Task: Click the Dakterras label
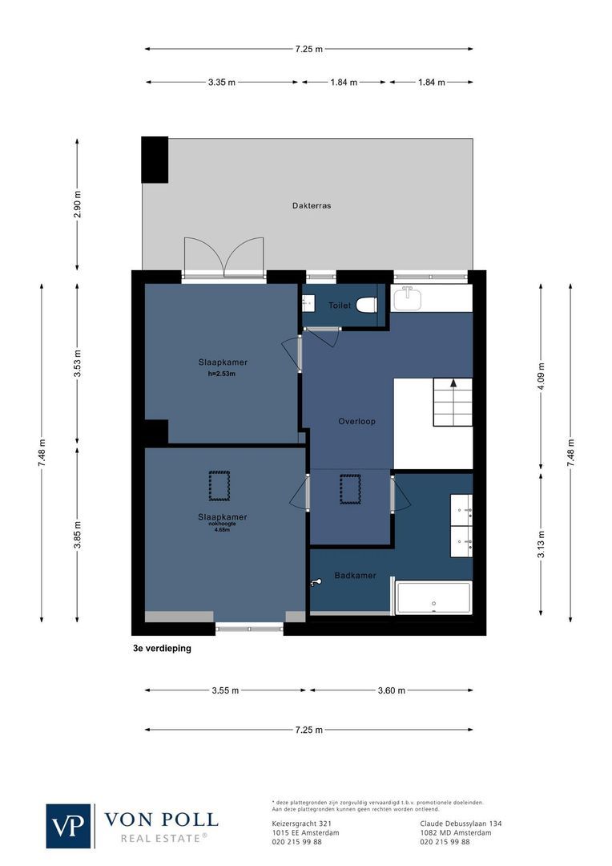pyautogui.click(x=312, y=205)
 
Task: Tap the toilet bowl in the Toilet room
pyautogui.click(x=367, y=306)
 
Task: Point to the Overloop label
pyautogui.click(x=356, y=421)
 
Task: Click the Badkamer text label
pyautogui.click(x=352, y=575)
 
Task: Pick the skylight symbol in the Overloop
pyautogui.click(x=350, y=489)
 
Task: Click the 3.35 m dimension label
pyautogui.click(x=221, y=82)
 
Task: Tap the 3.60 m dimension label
pyautogui.click(x=391, y=690)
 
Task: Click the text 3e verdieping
pyautogui.click(x=163, y=649)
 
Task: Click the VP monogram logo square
pyautogui.click(x=69, y=825)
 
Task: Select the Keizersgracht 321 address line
pyautogui.click(x=302, y=824)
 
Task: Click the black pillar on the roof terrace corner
pyautogui.click(x=155, y=160)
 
